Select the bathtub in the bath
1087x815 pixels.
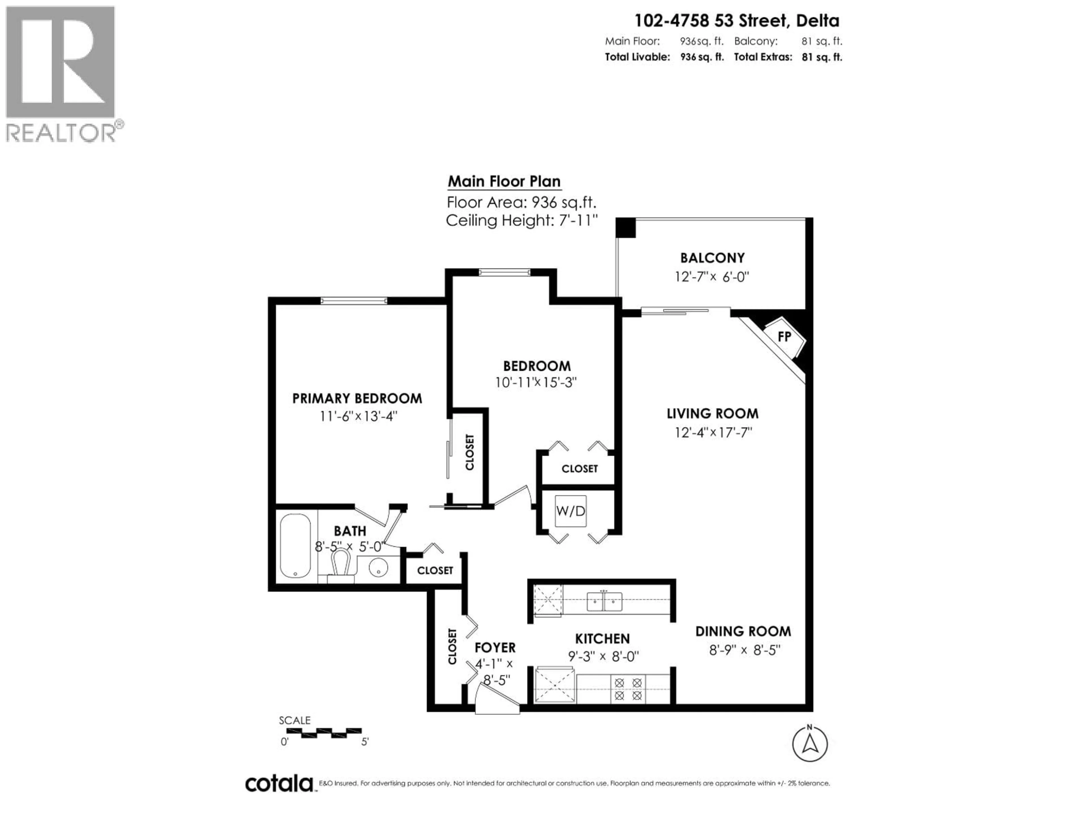(x=295, y=546)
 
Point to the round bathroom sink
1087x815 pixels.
(x=378, y=569)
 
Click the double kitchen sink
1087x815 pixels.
(x=604, y=601)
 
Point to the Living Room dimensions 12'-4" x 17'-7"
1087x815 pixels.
(x=713, y=432)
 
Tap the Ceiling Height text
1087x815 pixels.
(x=521, y=220)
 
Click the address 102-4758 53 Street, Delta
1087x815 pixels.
(x=737, y=21)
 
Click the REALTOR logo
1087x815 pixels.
(x=61, y=74)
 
